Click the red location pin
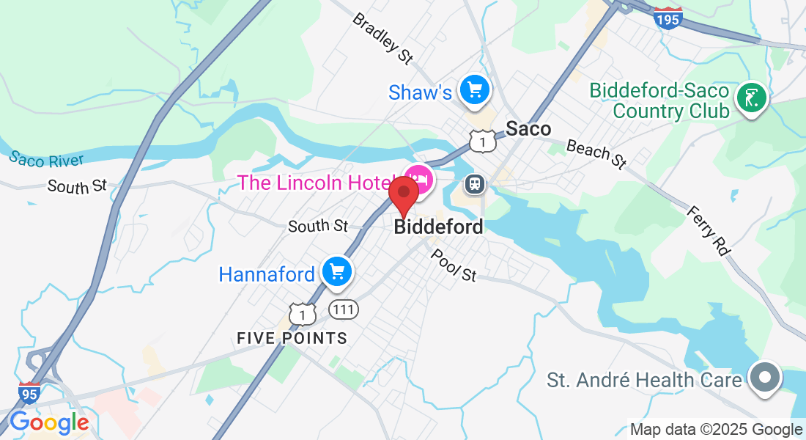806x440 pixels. tap(403, 194)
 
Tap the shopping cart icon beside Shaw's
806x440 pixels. tap(475, 90)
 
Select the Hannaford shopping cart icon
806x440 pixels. tap(337, 272)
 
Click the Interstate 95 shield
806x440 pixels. tap(29, 393)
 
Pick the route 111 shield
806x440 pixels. tap(343, 309)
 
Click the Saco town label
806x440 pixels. tap(528, 129)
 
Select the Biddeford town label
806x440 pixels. tap(439, 227)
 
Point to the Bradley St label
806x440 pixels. tap(382, 37)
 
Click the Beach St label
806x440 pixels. tap(598, 152)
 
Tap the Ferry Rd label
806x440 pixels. tap(709, 230)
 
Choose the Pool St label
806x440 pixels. tap(454, 265)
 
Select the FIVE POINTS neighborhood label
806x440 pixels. tap(292, 338)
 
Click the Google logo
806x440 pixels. tap(49, 423)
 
